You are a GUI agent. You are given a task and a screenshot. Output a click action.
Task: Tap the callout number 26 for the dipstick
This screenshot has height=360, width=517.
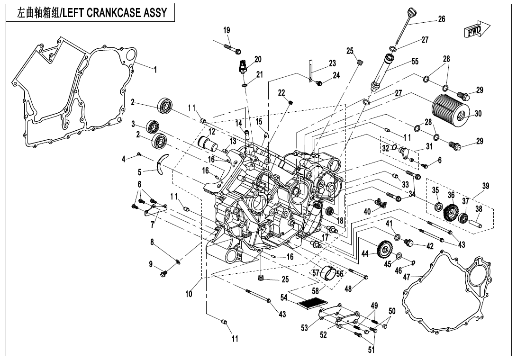coord(441,19)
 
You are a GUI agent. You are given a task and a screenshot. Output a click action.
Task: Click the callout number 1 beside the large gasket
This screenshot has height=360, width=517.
coord(154,69)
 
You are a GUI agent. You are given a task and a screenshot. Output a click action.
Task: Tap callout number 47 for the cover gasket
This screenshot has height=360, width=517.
coord(406,277)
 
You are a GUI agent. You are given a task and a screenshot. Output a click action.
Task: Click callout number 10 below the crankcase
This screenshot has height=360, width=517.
coord(189,294)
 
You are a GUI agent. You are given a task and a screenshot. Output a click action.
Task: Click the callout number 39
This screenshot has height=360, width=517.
coord(485,186)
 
